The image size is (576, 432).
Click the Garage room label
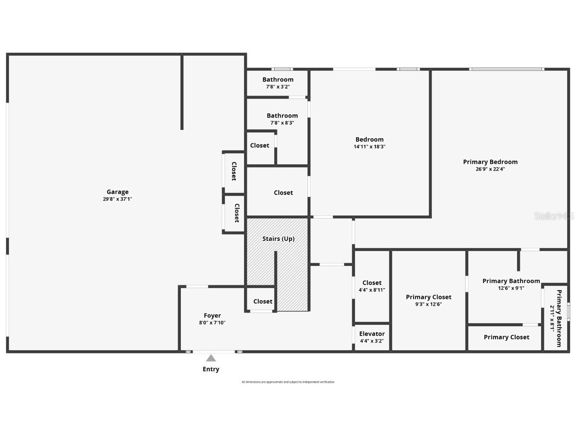pyautogui.click(x=117, y=192)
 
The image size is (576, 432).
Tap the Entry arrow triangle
pyautogui.click(x=211, y=358)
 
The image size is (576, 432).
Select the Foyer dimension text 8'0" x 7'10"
pyautogui.click(x=212, y=323)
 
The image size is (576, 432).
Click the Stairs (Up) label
pyautogui.click(x=278, y=239)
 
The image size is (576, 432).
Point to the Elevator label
pyautogui.click(x=372, y=334)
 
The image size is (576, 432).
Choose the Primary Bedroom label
pyautogui.click(x=490, y=162)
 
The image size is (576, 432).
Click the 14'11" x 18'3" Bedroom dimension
pyautogui.click(x=369, y=147)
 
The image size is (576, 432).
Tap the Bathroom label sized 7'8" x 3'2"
pyautogui.click(x=278, y=80)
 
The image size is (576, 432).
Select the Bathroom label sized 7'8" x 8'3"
pyautogui.click(x=282, y=116)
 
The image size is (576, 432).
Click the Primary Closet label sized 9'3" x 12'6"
pyautogui.click(x=428, y=297)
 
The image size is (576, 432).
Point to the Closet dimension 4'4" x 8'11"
pyautogui.click(x=372, y=290)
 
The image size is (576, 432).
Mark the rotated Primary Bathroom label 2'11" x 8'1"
pyautogui.click(x=558, y=318)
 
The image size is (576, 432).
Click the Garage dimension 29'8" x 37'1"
pyautogui.click(x=117, y=199)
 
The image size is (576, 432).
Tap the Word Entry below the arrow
pyautogui.click(x=211, y=369)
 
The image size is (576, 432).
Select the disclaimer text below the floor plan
pyautogui.click(x=288, y=382)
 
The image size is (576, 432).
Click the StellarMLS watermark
pyautogui.click(x=554, y=216)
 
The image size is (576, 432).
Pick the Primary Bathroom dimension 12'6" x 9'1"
pyautogui.click(x=511, y=288)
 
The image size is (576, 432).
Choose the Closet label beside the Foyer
pyautogui.click(x=263, y=301)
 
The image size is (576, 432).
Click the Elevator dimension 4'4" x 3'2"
pyautogui.click(x=372, y=341)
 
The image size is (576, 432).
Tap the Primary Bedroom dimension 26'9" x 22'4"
pyautogui.click(x=490, y=169)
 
